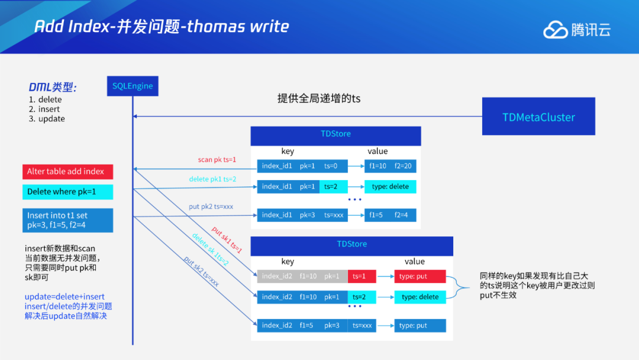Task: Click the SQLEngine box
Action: [x=133, y=86]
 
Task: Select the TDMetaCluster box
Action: [x=538, y=117]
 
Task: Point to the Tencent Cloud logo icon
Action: [x=555, y=30]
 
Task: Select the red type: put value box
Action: [x=419, y=277]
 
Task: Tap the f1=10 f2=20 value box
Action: [x=390, y=166]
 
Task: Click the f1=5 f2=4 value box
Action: [x=390, y=215]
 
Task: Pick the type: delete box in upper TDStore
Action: [x=390, y=187]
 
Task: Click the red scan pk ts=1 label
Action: [x=217, y=160]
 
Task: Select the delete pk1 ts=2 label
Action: [x=212, y=179]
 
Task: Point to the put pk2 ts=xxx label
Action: [x=211, y=207]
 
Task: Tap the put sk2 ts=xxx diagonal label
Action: [x=201, y=271]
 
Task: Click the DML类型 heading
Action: [x=53, y=87]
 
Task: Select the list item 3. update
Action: [x=47, y=119]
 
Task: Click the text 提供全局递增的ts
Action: [x=318, y=98]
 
